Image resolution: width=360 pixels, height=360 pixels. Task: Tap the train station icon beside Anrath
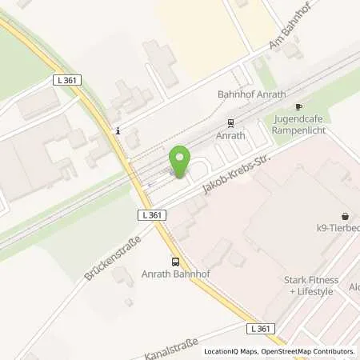coord(230,123)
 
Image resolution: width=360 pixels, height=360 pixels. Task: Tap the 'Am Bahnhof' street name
coord(290,33)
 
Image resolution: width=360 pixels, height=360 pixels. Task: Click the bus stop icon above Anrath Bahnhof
coord(175,261)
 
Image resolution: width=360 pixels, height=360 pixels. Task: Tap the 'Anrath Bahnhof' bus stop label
coord(175,274)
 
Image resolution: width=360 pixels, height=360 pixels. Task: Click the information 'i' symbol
coord(118,131)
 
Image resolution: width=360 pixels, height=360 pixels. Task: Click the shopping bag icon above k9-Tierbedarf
coord(345,215)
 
